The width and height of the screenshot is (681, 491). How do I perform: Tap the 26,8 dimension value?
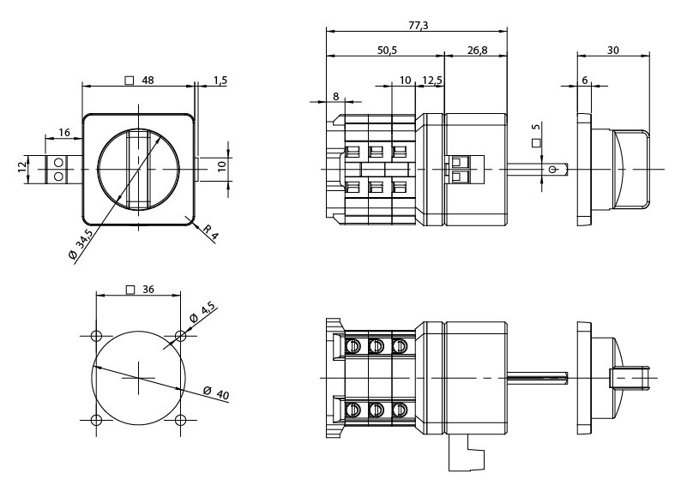pyautogui.click(x=477, y=51)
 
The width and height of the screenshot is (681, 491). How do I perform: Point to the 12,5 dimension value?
pyautogui.click(x=431, y=81)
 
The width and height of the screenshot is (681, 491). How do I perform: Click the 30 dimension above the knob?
pyautogui.click(x=613, y=51)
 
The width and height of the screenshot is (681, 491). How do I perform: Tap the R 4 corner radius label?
pyautogui.click(x=210, y=231)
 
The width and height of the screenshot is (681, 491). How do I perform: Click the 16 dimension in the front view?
pyautogui.click(x=64, y=131)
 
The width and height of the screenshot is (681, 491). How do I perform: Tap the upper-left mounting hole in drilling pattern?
pyautogui.click(x=96, y=334)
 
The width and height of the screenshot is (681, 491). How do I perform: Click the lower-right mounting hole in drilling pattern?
pyautogui.click(x=180, y=419)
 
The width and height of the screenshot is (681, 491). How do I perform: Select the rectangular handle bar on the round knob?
pyautogui.click(x=138, y=169)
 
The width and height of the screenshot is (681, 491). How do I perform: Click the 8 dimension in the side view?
pyautogui.click(x=335, y=97)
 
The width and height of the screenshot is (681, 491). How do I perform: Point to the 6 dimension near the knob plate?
pyautogui.click(x=585, y=80)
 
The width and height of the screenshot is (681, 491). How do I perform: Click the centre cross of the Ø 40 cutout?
pyautogui.click(x=138, y=377)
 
